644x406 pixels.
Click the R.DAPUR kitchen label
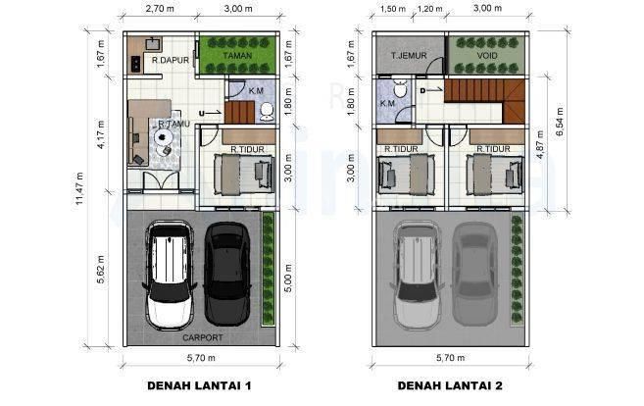pos(170,60)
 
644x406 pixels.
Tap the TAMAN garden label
pos(237,56)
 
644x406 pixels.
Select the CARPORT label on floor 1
pos(203,337)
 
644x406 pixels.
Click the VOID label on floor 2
pos(487,56)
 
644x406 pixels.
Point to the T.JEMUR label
pos(408,56)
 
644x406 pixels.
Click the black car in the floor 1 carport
pos(227,274)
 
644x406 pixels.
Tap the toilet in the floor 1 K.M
pos(267,112)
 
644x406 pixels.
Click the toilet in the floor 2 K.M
pos(400,88)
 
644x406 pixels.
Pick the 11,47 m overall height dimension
pos(78,191)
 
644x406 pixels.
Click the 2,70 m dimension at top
pos(160,9)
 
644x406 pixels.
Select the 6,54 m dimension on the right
pos(559,124)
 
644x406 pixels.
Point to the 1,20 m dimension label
pos(429,9)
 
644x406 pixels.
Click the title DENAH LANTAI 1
pos(199,385)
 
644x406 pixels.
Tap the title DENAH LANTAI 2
pos(450,385)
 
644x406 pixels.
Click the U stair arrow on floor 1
pos(213,113)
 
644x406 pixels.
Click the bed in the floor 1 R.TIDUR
pos(243,175)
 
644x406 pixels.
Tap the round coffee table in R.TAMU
pos(163,136)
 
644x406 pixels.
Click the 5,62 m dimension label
pos(101,270)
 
